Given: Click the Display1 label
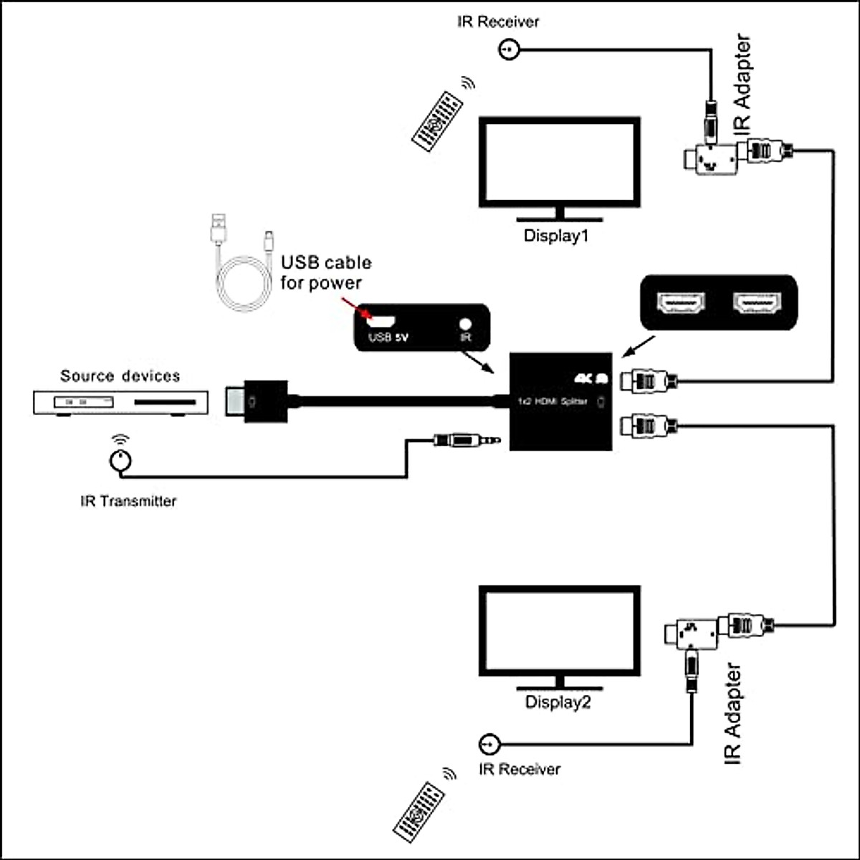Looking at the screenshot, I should point(555,235).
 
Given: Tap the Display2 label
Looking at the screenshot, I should point(558,702).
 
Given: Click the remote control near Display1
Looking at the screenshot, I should point(436,121).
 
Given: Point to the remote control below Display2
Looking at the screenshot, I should point(419,813).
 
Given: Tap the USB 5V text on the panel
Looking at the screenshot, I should point(388,338).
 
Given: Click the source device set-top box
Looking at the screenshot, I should point(120,403).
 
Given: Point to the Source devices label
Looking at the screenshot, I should point(120,376).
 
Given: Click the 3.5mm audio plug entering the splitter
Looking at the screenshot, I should point(466,439).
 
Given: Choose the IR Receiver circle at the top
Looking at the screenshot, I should point(507,50).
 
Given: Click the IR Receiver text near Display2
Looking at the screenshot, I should point(519,769).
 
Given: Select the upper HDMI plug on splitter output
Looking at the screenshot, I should point(648,380).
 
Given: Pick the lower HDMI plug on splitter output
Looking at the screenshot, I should point(648,426).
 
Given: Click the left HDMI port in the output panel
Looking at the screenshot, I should point(681,305).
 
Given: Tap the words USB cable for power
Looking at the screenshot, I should point(325,272).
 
